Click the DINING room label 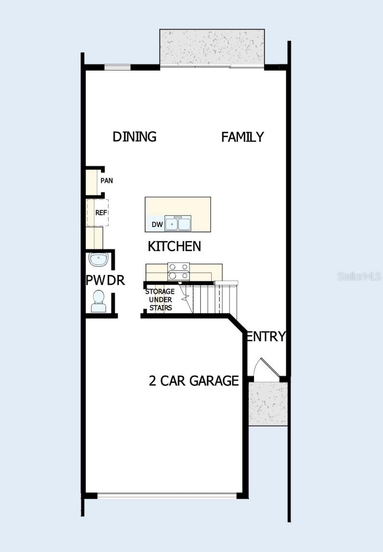tap(134, 137)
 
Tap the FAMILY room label tap(243, 137)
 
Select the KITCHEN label tap(174, 247)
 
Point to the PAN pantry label tap(107, 181)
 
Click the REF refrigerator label tap(101, 212)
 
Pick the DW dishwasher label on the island tap(157, 224)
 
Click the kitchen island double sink tap(178, 224)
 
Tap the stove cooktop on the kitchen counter tap(179, 271)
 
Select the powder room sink tap(99, 260)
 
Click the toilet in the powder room tap(99, 302)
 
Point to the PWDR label tap(105, 280)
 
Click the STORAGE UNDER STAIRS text tap(160, 300)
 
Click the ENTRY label tap(266, 337)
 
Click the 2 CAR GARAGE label tap(193, 381)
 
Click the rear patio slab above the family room tap(212, 47)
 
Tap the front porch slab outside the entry tap(268, 403)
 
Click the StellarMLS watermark tap(359, 276)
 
